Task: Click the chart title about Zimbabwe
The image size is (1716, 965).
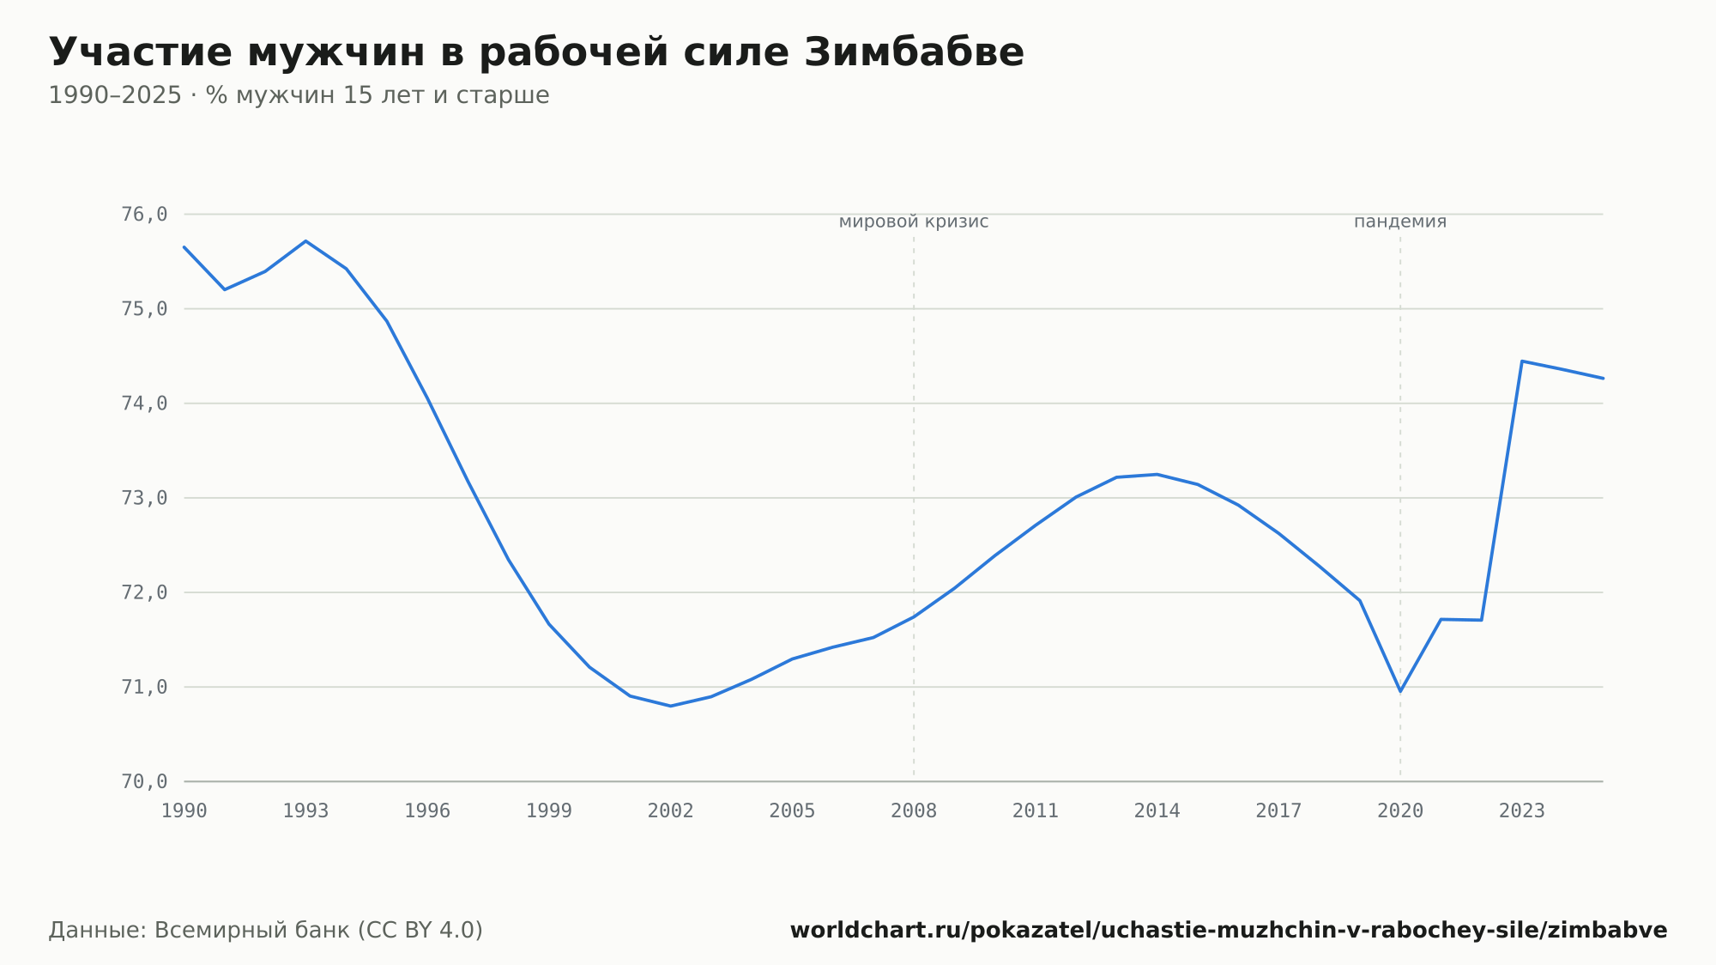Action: [536, 52]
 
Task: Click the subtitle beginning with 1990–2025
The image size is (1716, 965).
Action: [299, 95]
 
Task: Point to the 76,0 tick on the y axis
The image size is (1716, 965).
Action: [144, 214]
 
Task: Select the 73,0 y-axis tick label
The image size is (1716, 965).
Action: [144, 498]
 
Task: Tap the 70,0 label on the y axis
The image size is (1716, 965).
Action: [144, 781]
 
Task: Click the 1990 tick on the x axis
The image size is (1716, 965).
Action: [184, 811]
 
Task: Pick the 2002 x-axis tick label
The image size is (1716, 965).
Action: [670, 811]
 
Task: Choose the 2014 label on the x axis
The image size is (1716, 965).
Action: [1157, 811]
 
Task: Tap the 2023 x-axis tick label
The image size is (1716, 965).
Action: [1521, 811]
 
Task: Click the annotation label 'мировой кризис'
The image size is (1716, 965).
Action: [914, 222]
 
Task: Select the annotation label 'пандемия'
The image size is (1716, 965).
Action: [1400, 222]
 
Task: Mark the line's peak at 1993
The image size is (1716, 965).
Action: [305, 241]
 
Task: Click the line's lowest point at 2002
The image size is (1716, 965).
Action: [670, 706]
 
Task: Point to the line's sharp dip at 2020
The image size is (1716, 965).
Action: [1400, 691]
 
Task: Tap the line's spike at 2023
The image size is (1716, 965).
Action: [1521, 361]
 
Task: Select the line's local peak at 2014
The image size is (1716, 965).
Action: [1157, 475]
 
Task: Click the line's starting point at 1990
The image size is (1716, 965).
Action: [184, 247]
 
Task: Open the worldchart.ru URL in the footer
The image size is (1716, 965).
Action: [1229, 931]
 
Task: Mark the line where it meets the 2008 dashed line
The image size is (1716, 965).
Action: [914, 616]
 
